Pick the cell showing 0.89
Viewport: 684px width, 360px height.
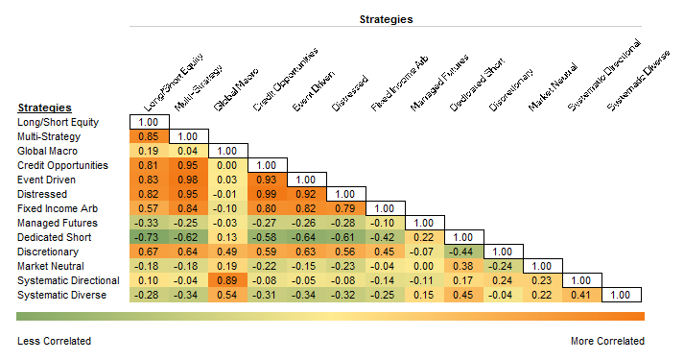(x=227, y=279)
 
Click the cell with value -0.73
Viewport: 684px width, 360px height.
(x=149, y=236)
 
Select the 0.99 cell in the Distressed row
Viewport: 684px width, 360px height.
(x=267, y=194)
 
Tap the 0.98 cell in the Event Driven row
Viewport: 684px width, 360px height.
(x=188, y=180)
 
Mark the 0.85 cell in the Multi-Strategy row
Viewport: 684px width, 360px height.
(x=149, y=136)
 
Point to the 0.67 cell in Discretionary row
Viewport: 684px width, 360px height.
(x=149, y=251)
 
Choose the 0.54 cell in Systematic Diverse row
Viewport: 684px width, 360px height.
(x=227, y=294)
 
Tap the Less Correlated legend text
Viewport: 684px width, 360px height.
(x=55, y=341)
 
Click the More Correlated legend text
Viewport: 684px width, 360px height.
(x=606, y=341)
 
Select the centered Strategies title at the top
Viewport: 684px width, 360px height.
(x=387, y=18)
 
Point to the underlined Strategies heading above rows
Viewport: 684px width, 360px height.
(x=45, y=108)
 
